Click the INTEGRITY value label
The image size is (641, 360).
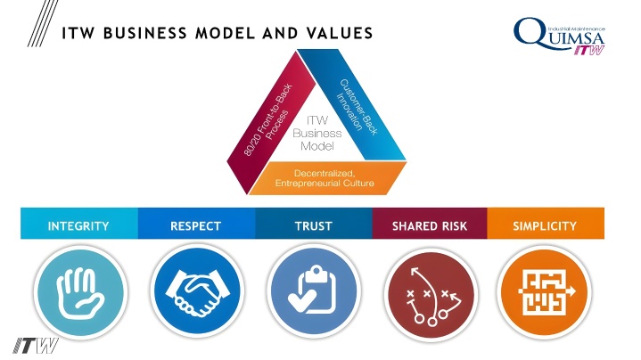point(78,226)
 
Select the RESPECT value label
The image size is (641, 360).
point(195,226)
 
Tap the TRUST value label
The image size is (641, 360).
point(314,226)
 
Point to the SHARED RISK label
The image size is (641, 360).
point(429,226)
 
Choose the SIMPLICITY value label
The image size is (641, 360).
point(545,226)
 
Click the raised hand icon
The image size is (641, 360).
point(79,292)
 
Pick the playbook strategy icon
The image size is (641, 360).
point(431,296)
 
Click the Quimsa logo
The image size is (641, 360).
point(559,36)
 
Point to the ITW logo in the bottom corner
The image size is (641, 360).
point(35,346)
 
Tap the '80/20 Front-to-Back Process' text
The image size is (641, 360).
point(267,119)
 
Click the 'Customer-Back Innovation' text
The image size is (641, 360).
point(357,106)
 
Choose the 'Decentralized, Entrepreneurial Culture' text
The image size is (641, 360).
point(325,178)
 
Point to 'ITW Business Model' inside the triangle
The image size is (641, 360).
point(317,133)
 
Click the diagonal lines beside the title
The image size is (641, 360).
point(43,23)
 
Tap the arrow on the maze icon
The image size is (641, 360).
point(570,291)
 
